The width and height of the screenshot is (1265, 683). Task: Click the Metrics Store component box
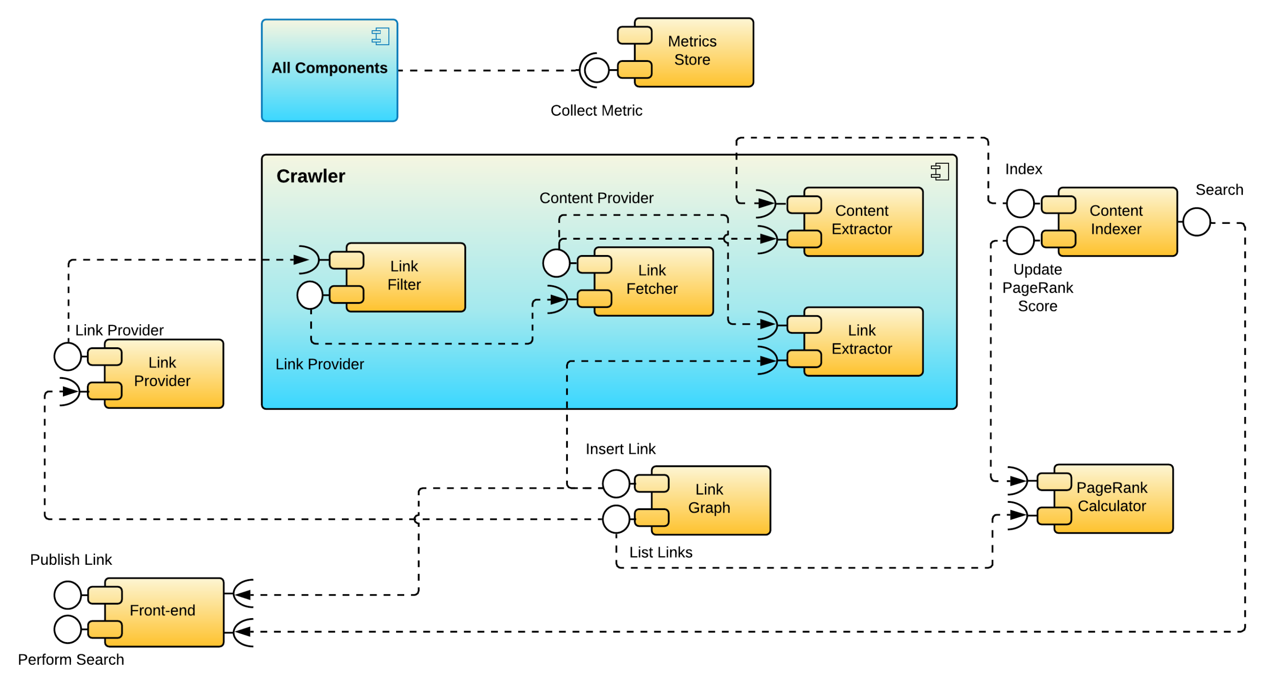[x=693, y=52]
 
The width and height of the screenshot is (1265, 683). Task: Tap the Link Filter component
[x=405, y=277]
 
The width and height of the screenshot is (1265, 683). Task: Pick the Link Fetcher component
[x=652, y=281]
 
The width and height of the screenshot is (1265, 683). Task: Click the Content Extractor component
[x=862, y=221]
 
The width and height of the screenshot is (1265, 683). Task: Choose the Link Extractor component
[x=862, y=341]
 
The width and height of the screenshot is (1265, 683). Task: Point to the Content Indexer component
[x=1116, y=221]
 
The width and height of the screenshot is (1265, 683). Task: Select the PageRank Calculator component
[x=1112, y=498]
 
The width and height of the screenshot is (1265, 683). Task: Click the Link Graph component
[x=710, y=500]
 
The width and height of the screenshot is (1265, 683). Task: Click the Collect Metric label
[x=596, y=110]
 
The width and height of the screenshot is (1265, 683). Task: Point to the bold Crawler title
[x=310, y=176]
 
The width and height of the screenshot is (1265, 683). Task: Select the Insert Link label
[x=620, y=449]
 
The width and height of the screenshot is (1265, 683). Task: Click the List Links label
[x=661, y=552]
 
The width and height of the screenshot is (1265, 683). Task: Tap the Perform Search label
[x=71, y=659]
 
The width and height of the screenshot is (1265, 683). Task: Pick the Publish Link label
[x=71, y=560]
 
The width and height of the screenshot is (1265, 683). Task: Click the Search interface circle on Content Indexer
[x=1196, y=222]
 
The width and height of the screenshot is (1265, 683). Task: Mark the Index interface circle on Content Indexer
[x=1020, y=204]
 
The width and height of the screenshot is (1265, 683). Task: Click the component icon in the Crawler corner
[x=940, y=171]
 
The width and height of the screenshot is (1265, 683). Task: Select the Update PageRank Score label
[x=1037, y=288]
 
